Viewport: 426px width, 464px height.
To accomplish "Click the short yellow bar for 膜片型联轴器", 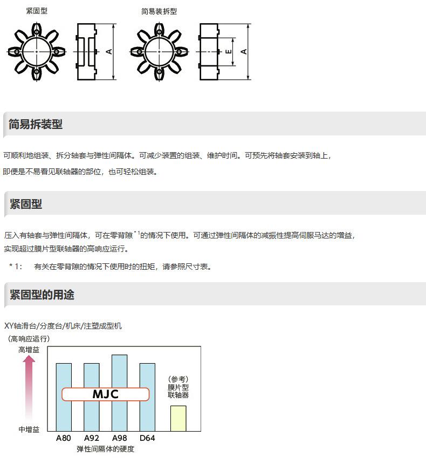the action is tap(178, 418).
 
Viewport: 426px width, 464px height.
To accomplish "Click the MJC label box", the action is tap(105, 394).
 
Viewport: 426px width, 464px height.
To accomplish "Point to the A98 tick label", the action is tap(119, 438).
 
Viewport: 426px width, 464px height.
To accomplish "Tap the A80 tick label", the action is tap(64, 438).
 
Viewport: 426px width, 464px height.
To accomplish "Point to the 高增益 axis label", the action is tap(29, 350).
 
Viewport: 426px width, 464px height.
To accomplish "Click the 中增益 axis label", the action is tap(29, 429).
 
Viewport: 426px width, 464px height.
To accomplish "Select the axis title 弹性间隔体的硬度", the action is tap(105, 449).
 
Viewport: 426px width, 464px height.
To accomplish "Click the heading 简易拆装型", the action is tap(36, 125).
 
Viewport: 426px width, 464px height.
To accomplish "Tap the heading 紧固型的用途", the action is tap(42, 295).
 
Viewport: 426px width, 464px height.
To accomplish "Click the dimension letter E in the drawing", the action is tap(229, 52).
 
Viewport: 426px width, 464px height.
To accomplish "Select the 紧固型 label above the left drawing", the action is tap(37, 11).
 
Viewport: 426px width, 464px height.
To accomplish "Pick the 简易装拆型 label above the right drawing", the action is tap(159, 11).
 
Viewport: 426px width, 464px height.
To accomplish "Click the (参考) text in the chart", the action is tap(178, 379).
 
